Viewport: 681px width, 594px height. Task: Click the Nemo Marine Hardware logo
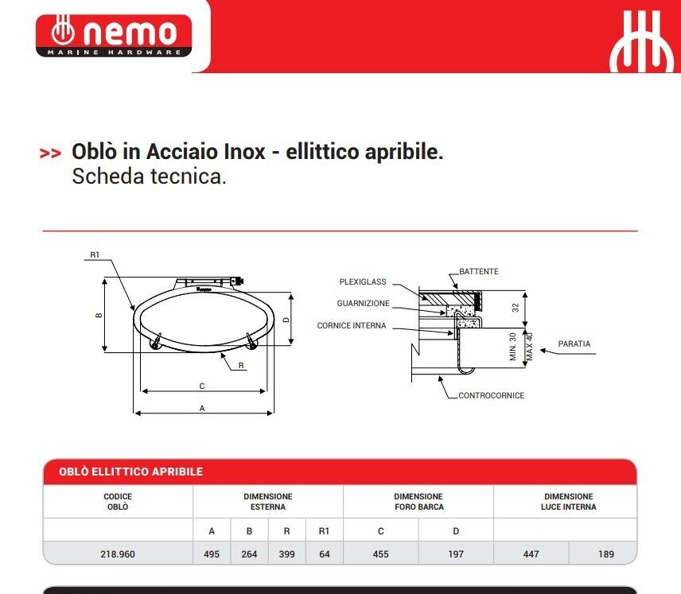[114, 36]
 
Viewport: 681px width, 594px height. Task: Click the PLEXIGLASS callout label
[363, 281]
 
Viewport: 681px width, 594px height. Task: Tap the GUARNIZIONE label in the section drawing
[363, 304]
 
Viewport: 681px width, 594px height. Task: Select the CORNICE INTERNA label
[352, 326]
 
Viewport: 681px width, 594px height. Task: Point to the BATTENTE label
[479, 271]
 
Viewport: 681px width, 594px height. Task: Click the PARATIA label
[574, 344]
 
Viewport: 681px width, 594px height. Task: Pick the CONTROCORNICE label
[491, 395]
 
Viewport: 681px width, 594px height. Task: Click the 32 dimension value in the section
[516, 308]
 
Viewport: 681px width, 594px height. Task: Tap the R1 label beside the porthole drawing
[95, 255]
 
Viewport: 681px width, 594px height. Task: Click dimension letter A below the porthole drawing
[202, 408]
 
